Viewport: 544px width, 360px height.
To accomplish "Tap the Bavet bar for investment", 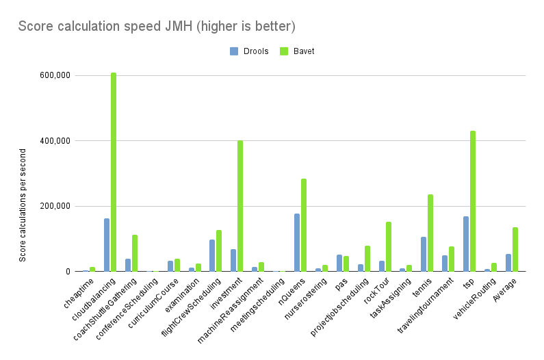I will point(240,206).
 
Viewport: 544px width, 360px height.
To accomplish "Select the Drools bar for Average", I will point(508,263).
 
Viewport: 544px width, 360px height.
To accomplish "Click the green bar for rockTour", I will point(388,246).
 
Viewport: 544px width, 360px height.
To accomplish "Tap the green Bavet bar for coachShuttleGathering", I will point(135,253).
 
